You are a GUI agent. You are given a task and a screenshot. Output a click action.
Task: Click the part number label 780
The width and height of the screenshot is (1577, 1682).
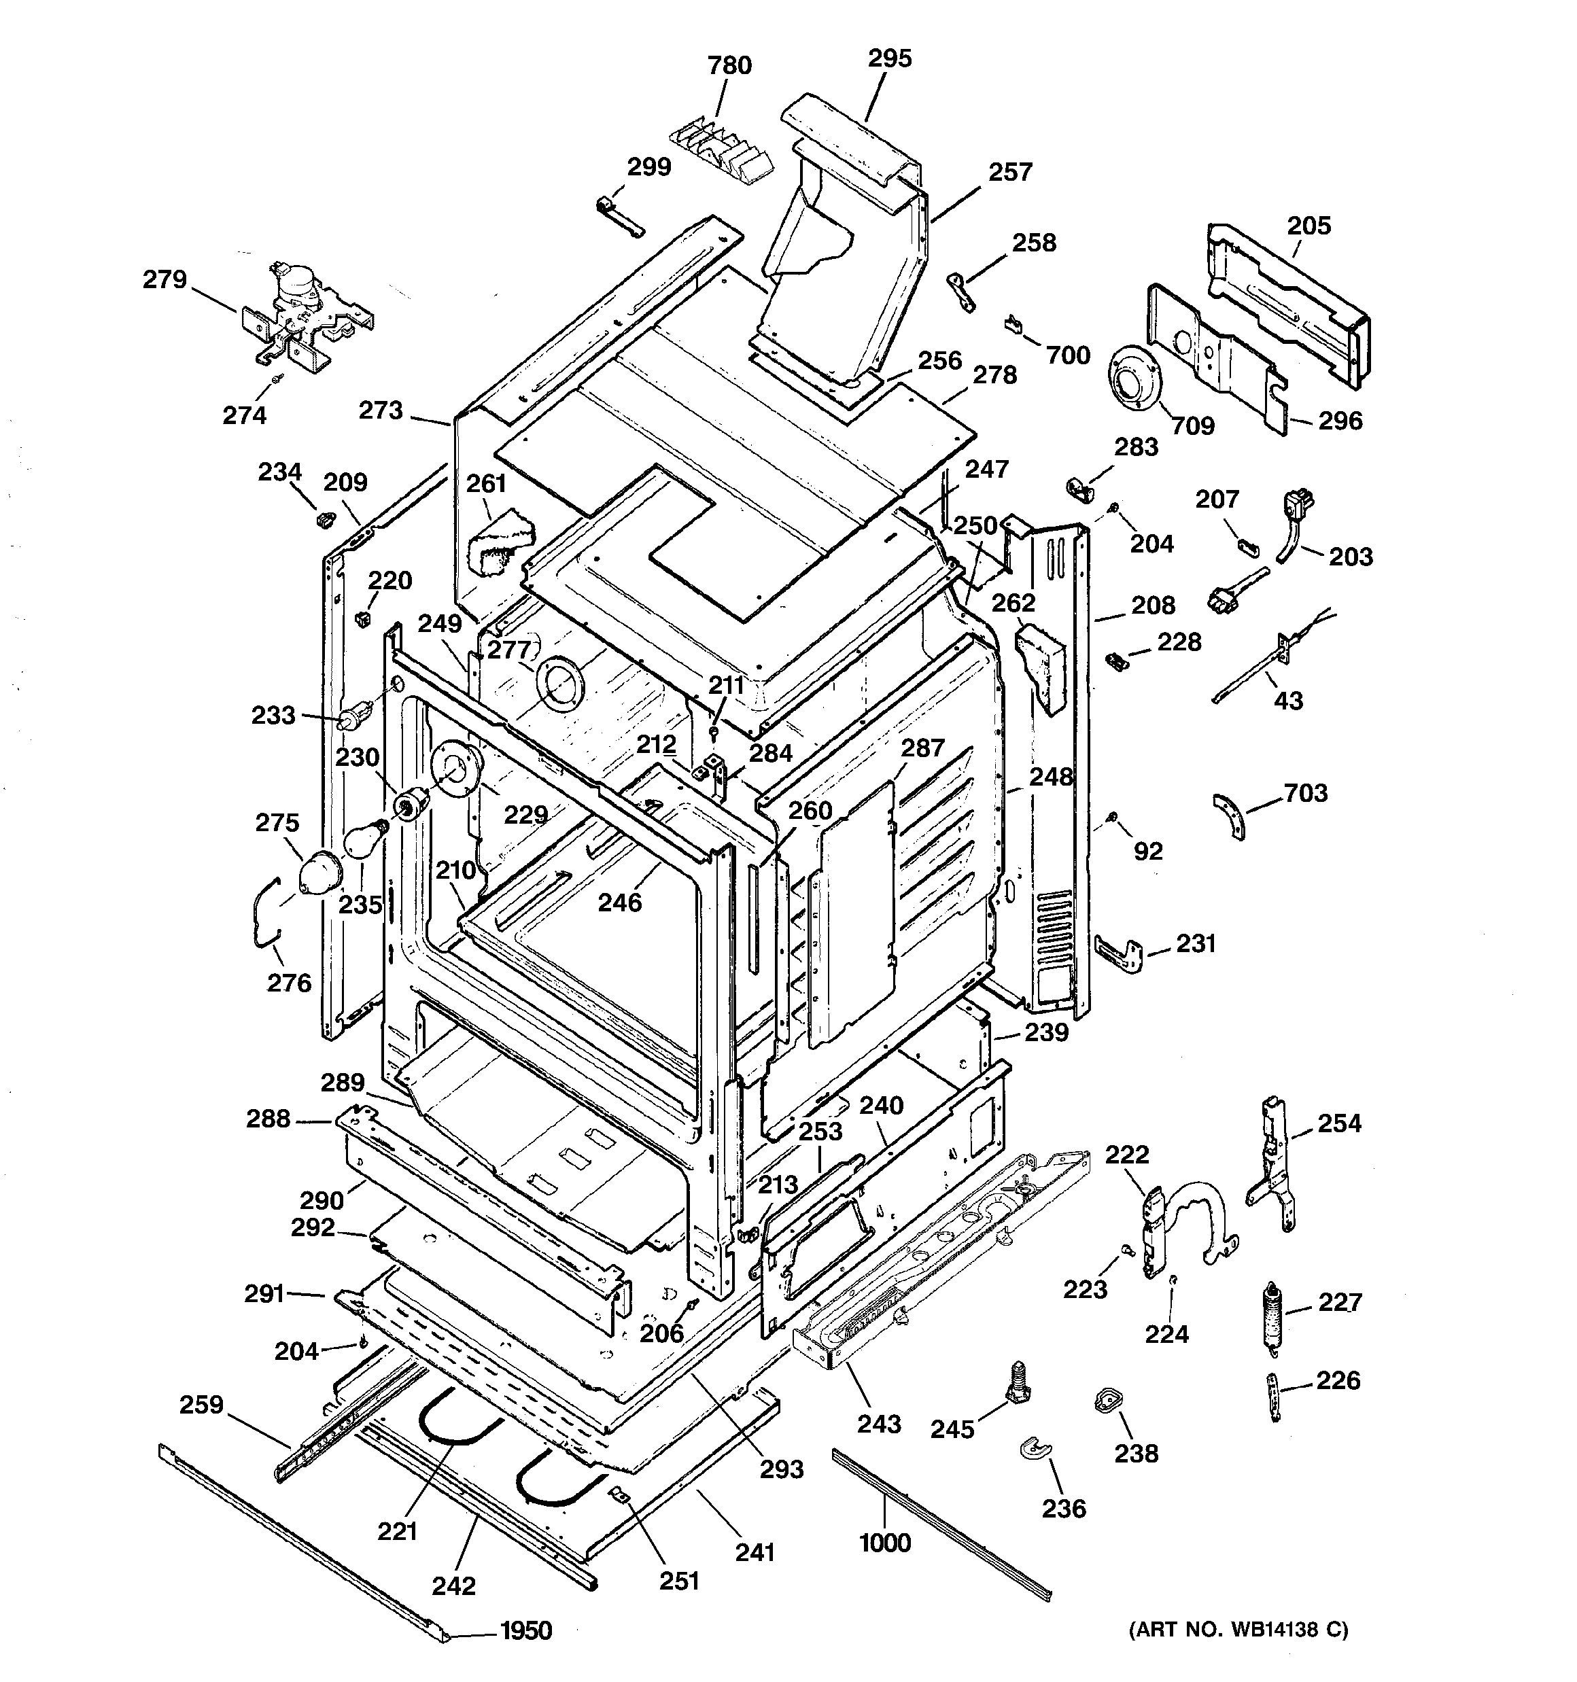coord(729,65)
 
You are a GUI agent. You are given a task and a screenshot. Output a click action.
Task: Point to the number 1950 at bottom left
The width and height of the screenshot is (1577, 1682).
coord(525,1630)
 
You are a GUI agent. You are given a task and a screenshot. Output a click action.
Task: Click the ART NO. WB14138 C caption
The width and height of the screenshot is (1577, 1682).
coord(1238,1630)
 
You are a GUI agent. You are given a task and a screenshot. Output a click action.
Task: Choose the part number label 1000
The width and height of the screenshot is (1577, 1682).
coord(884,1543)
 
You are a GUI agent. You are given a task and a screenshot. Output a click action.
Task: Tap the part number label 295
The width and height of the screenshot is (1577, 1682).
coord(890,58)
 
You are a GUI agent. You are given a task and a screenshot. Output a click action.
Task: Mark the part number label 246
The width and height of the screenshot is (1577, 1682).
coord(620,903)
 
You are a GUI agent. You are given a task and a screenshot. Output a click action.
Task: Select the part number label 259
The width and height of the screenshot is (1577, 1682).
coord(201,1405)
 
